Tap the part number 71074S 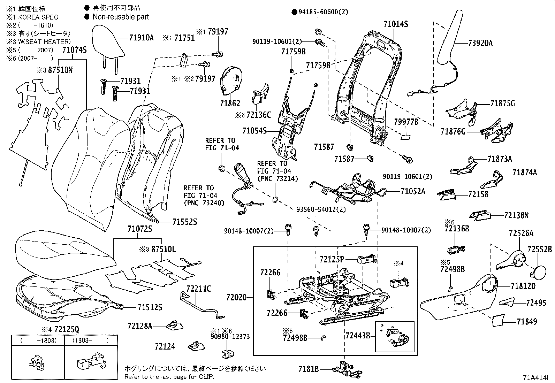(74, 50)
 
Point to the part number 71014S (396, 24)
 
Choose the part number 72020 (236, 298)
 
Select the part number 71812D (523, 286)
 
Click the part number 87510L (162, 250)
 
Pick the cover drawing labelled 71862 (231, 81)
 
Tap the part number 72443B (358, 336)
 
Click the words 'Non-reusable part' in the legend (121, 17)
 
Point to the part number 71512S (150, 307)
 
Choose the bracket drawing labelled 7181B (345, 369)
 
